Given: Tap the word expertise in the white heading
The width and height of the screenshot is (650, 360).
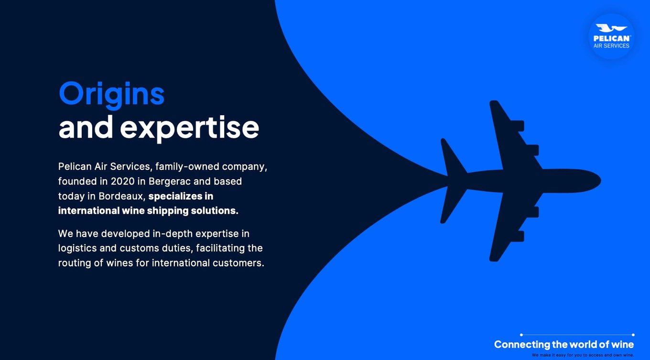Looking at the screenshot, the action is (189, 128).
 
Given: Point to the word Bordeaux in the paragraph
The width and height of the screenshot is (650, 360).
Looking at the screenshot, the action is (121, 196).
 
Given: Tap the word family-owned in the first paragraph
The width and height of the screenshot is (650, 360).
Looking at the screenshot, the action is (187, 167).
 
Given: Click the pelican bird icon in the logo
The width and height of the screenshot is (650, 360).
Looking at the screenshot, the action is (611, 29).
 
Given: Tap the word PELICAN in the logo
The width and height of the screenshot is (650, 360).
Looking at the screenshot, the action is (611, 38).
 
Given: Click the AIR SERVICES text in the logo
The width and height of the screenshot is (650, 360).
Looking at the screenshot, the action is (611, 46).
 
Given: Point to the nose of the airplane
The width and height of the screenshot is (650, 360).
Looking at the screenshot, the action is (600, 181).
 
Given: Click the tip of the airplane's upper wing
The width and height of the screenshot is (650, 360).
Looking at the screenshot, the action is (494, 102).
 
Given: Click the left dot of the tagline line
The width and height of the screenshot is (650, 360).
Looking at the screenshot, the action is (521, 335).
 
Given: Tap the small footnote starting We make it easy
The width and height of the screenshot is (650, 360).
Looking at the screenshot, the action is (583, 355).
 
